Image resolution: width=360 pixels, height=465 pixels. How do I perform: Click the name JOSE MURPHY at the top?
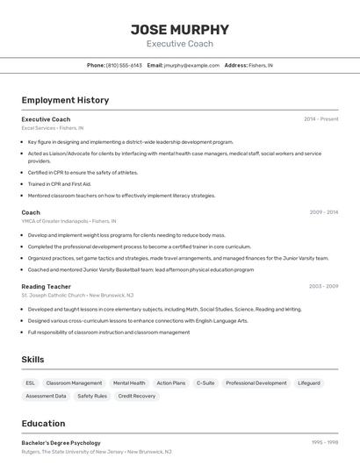[180, 29]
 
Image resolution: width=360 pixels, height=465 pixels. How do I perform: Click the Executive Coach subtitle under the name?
[180, 44]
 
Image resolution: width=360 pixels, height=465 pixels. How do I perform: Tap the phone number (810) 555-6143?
[125, 65]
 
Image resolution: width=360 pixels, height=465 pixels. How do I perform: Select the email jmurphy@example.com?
[191, 65]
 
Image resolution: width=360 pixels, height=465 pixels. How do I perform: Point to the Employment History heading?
[65, 100]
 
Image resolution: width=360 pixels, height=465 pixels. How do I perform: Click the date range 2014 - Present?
[321, 118]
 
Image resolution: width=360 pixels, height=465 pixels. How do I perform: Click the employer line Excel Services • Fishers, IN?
[54, 128]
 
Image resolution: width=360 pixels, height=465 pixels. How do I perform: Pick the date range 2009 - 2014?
[324, 212]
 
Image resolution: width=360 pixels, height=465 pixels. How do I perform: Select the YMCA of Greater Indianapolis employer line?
[68, 221]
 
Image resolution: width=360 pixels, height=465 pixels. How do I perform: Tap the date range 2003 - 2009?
[324, 286]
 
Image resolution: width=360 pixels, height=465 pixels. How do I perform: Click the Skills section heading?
[32, 360]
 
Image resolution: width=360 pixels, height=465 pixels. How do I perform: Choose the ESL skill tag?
[31, 383]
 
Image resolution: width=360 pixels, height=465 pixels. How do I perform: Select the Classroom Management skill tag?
[74, 383]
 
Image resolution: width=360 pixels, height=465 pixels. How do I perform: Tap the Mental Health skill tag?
[129, 383]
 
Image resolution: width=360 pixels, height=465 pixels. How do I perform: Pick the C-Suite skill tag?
[205, 383]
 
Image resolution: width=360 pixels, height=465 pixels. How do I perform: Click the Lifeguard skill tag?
[309, 383]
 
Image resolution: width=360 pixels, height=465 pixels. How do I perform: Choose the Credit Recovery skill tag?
[137, 396]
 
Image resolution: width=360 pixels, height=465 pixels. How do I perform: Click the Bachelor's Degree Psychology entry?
[61, 443]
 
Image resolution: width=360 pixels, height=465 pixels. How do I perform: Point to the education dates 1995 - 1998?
[325, 443]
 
